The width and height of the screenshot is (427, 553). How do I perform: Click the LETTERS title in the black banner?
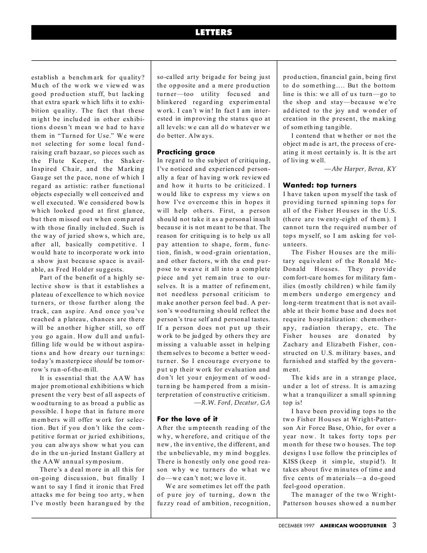(213, 32)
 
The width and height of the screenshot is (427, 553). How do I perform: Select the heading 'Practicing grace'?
(186, 152)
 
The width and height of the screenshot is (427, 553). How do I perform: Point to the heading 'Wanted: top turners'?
(319, 185)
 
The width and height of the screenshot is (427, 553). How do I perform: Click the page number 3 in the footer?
(394, 525)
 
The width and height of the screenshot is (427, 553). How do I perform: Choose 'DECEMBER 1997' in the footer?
(297, 526)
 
